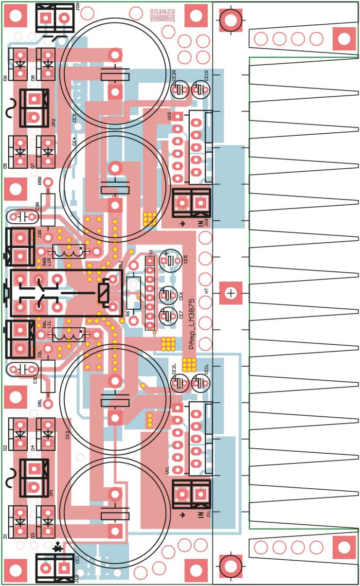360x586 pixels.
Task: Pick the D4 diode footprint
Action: [48, 434]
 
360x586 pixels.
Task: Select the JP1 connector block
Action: [34, 478]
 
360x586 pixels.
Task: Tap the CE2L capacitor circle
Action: [180, 383]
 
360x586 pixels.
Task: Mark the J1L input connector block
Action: [191, 494]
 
